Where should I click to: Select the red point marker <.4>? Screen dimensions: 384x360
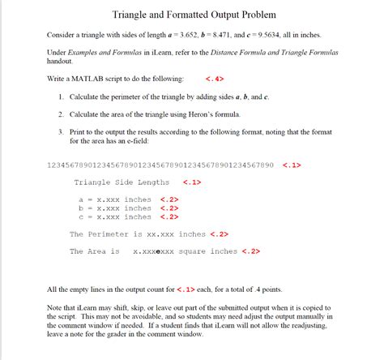[215, 79]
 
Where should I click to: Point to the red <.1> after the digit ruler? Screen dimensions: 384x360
[292, 165]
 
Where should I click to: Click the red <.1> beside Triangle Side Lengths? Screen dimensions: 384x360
[192, 182]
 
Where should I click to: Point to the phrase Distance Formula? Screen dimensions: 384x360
[240, 52]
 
